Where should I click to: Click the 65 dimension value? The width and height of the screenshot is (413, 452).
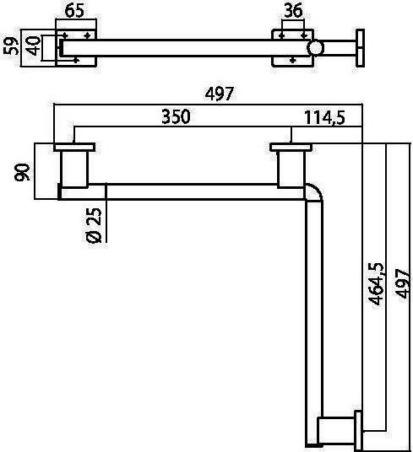pyautogui.click(x=74, y=11)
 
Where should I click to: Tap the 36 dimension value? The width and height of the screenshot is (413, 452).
pyautogui.click(x=293, y=10)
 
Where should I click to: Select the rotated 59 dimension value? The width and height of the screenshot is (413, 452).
pyautogui.click(x=11, y=46)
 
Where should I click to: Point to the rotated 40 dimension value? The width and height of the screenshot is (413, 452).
pyautogui.click(x=33, y=46)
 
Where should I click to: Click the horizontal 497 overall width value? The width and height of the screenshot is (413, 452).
pyautogui.click(x=220, y=94)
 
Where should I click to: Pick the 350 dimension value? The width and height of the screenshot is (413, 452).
pyautogui.click(x=176, y=116)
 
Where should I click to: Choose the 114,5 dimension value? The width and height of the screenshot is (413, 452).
pyautogui.click(x=324, y=117)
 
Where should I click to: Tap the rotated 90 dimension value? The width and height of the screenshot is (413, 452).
pyautogui.click(x=22, y=172)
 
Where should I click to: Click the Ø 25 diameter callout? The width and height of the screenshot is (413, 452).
pyautogui.click(x=94, y=225)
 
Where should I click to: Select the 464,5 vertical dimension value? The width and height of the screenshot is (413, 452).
pyautogui.click(x=376, y=283)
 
